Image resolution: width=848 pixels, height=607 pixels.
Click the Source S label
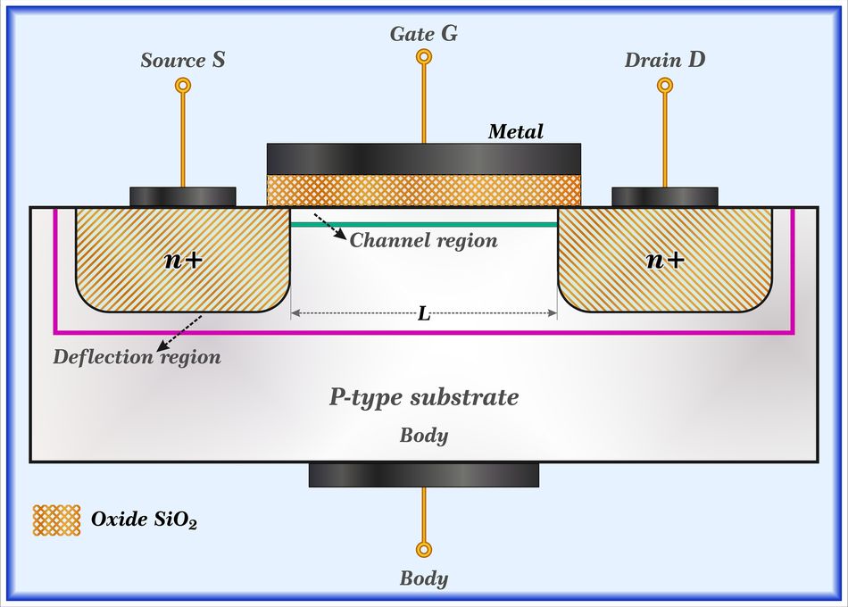183,61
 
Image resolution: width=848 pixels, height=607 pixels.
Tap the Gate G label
424,35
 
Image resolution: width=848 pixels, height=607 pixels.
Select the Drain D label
665,61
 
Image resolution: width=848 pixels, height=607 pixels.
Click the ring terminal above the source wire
183,86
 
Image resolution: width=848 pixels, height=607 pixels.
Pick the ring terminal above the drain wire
665,86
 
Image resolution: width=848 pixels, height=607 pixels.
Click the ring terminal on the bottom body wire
424,549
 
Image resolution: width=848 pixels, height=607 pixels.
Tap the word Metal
515,132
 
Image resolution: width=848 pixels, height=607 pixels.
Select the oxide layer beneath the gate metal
424,189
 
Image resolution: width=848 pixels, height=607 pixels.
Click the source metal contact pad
183,196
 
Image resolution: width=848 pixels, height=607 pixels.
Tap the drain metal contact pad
665,196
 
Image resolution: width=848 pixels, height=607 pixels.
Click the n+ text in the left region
183,260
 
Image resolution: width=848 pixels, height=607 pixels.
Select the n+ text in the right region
665,260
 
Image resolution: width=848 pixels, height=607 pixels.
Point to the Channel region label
423,241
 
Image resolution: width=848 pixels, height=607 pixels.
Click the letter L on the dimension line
424,313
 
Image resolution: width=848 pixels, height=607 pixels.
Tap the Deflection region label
137,357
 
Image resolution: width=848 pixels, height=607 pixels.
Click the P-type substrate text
424,397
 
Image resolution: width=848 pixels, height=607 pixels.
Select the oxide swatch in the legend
57,520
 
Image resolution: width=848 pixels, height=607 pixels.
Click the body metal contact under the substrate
424,475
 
